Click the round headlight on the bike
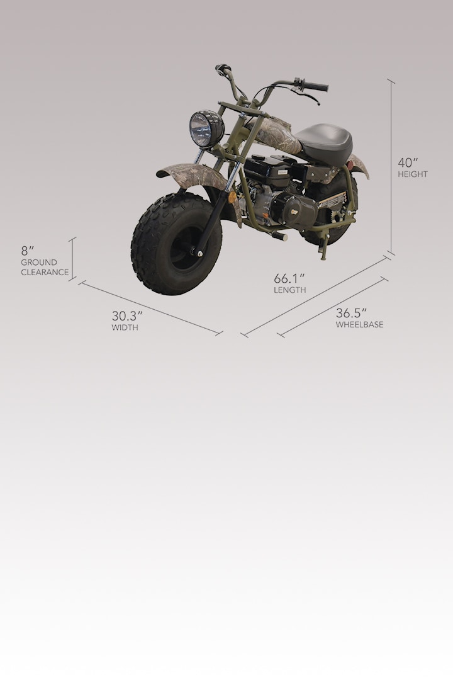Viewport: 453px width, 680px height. tap(206, 128)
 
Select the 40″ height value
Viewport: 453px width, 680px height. tap(408, 162)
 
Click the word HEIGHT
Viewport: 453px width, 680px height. tap(413, 174)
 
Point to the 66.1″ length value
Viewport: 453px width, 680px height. tap(289, 278)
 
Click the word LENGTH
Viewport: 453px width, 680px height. tap(289, 290)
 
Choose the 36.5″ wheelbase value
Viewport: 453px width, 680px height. tap(351, 313)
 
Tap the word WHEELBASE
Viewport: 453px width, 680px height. tap(359, 324)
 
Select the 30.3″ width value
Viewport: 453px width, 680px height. tap(127, 315)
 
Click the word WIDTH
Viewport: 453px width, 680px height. tap(125, 327)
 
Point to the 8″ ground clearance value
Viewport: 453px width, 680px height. tap(27, 251)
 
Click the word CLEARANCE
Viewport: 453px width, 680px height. tap(45, 273)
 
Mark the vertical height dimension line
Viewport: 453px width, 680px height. tap(391, 167)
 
